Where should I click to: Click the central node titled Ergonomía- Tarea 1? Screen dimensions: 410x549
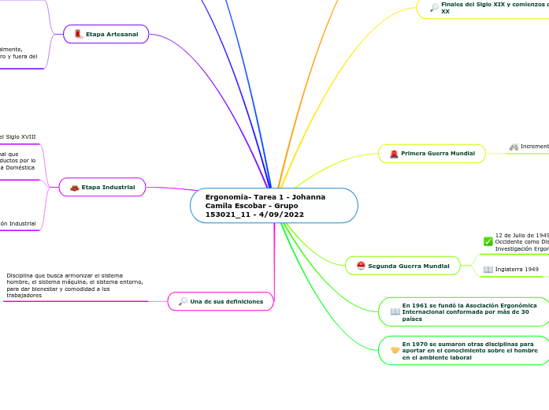(x=273, y=206)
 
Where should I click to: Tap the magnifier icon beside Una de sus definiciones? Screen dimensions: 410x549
(x=183, y=301)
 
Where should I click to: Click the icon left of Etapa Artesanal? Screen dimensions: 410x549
(x=78, y=34)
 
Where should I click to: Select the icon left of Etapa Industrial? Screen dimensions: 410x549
(x=74, y=187)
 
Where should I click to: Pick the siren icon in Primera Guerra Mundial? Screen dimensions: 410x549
(x=394, y=153)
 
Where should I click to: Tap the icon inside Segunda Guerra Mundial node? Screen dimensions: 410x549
(x=361, y=266)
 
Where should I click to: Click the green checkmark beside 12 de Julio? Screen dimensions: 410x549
(x=488, y=241)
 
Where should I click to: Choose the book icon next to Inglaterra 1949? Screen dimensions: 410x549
(x=488, y=270)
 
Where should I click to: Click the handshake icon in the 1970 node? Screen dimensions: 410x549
(x=395, y=350)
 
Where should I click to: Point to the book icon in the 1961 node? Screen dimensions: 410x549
(x=395, y=311)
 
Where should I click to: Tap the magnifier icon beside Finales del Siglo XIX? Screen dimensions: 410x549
(x=434, y=8)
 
